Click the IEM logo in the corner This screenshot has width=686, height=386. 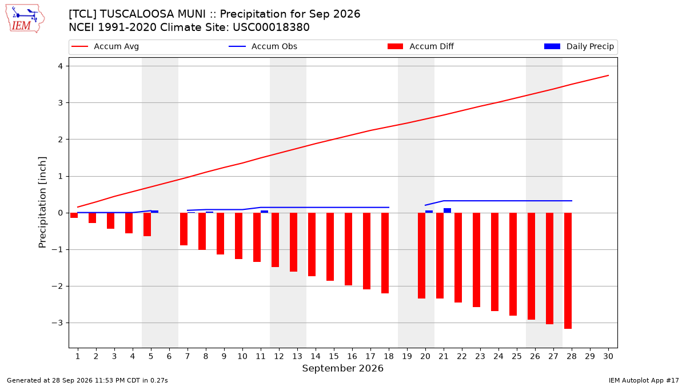(x=25, y=19)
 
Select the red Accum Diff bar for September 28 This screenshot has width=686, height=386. (x=568, y=271)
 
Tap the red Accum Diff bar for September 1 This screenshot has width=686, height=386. (x=74, y=216)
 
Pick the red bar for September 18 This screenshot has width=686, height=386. (x=385, y=253)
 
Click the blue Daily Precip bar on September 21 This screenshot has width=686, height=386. (x=447, y=210)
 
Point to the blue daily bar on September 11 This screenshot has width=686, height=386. (x=264, y=212)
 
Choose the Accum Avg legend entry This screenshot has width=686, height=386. (x=105, y=46)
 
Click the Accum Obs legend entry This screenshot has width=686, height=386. (x=263, y=46)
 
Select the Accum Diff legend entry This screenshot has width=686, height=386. (x=421, y=46)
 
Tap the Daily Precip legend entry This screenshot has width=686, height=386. (x=579, y=46)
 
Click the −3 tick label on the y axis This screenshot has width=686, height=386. (x=57, y=323)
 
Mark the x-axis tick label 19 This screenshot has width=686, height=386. (x=406, y=356)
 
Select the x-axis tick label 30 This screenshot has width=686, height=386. (x=608, y=356)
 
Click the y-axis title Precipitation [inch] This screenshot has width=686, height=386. (x=42, y=202)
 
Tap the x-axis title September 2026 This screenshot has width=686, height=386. (x=342, y=368)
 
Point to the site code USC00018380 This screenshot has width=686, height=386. (x=271, y=27)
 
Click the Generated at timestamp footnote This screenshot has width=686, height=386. (x=87, y=380)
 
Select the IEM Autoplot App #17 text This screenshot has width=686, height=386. (x=644, y=380)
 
